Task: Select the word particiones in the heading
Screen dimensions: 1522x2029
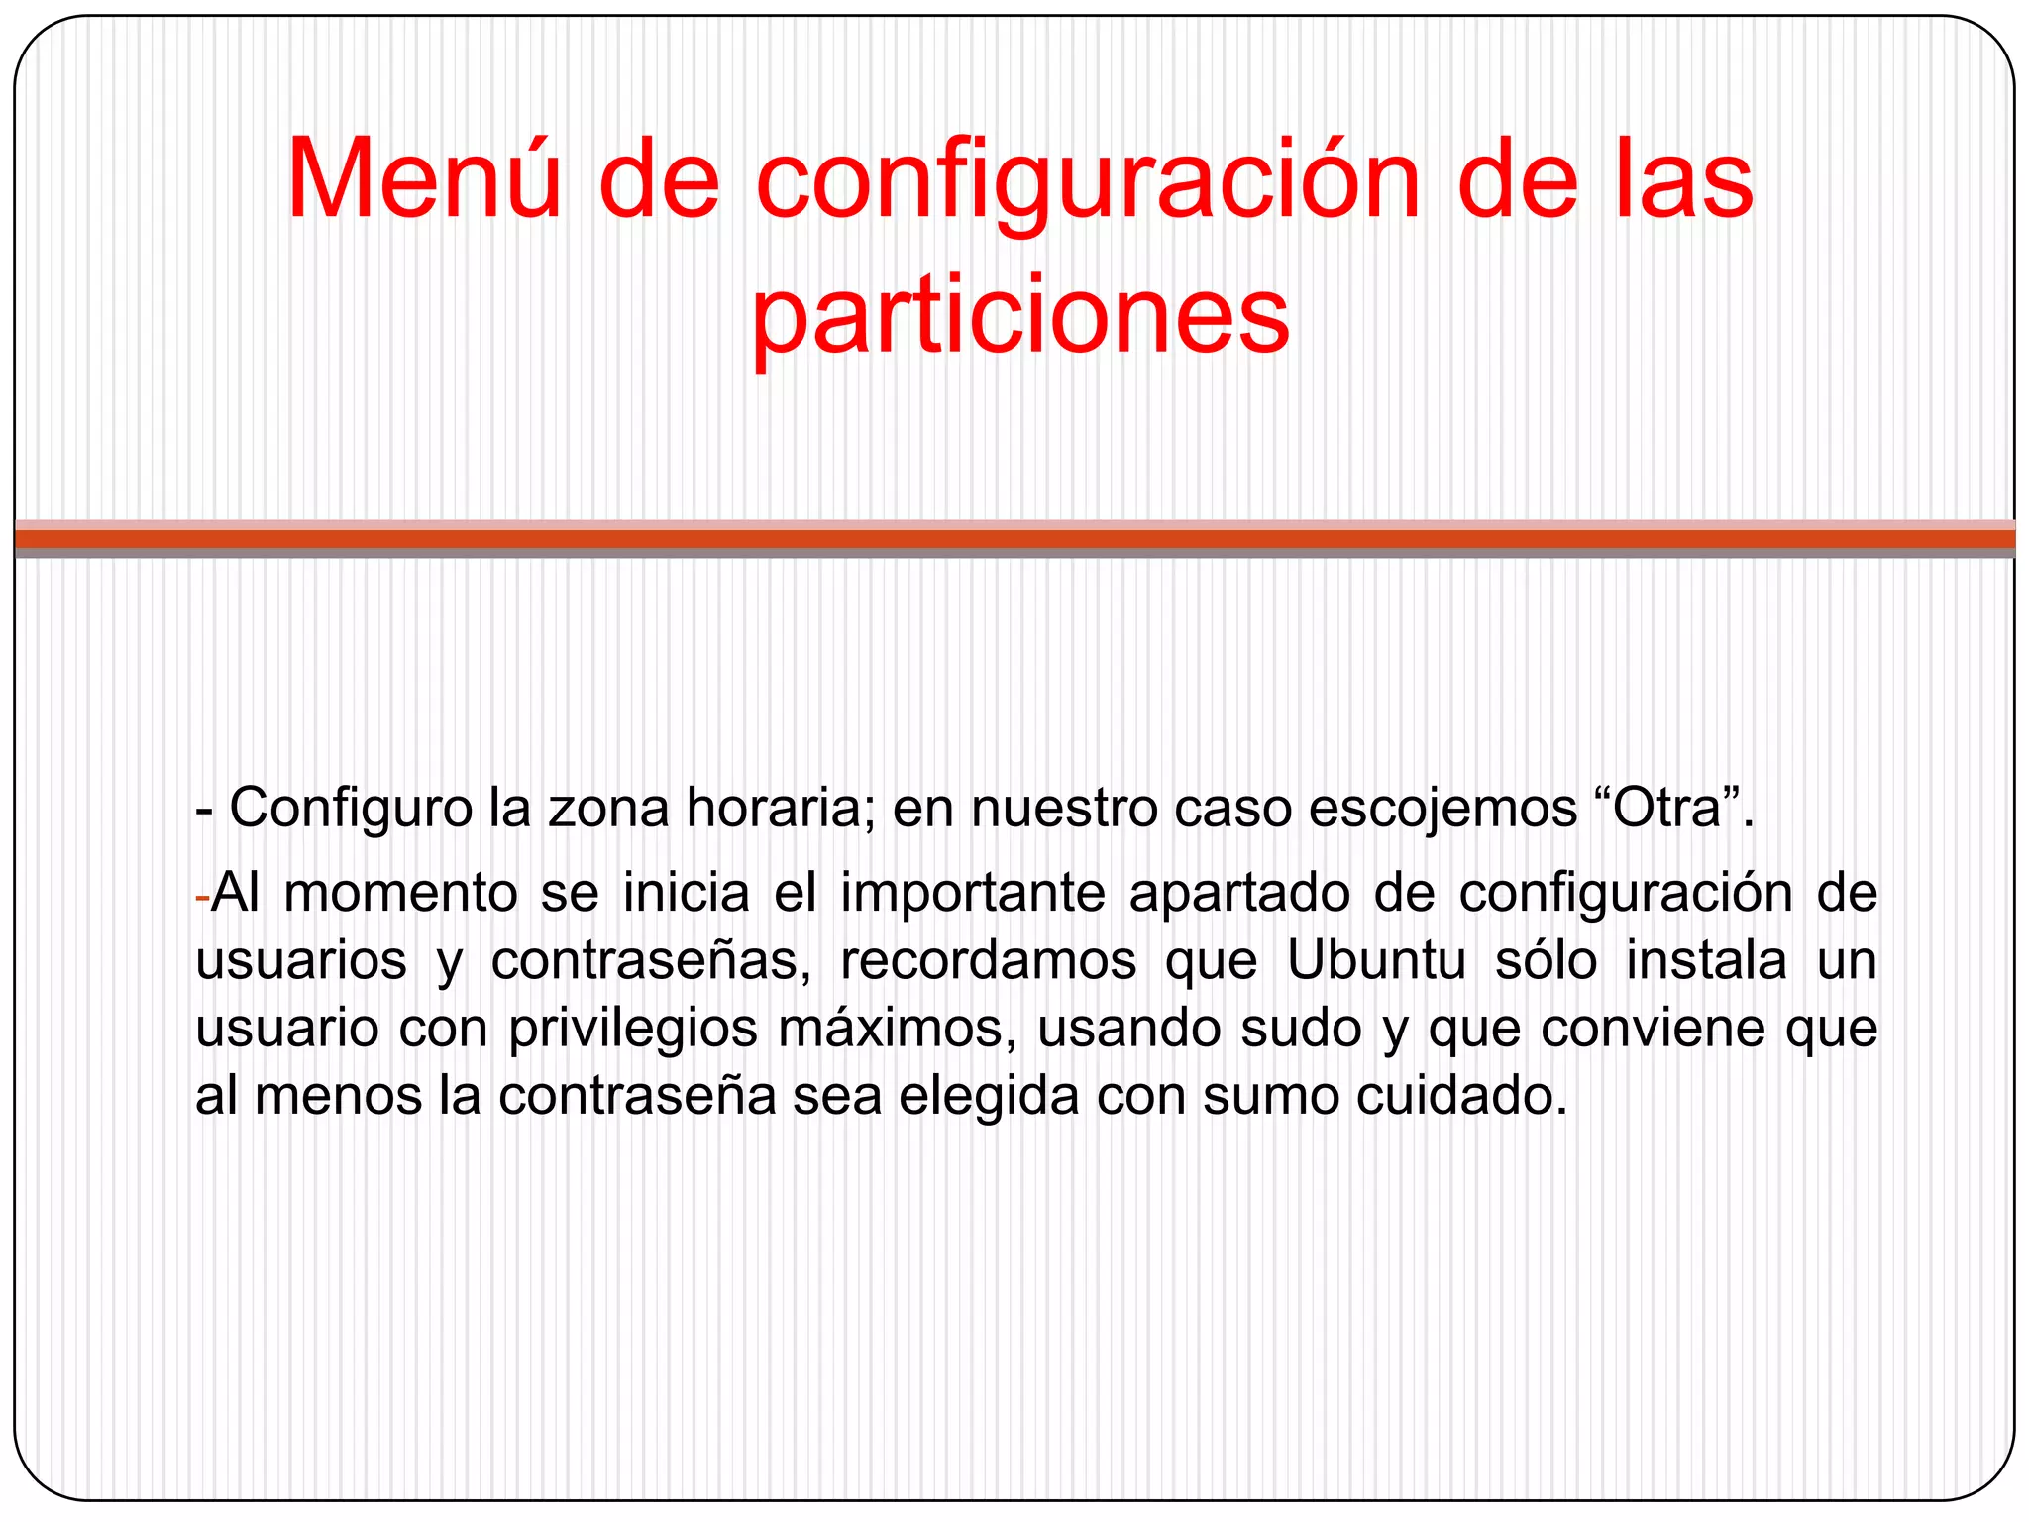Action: point(1020,315)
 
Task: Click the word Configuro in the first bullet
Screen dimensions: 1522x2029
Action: point(351,808)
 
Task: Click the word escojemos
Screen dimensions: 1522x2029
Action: point(1442,808)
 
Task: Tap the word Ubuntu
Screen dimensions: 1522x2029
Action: point(1376,960)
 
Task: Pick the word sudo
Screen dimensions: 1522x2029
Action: point(1302,1028)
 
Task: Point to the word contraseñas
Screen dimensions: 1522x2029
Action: point(651,960)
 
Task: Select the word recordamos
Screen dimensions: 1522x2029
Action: point(988,960)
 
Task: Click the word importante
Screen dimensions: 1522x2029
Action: point(973,893)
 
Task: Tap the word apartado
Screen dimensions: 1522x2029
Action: point(1239,893)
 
